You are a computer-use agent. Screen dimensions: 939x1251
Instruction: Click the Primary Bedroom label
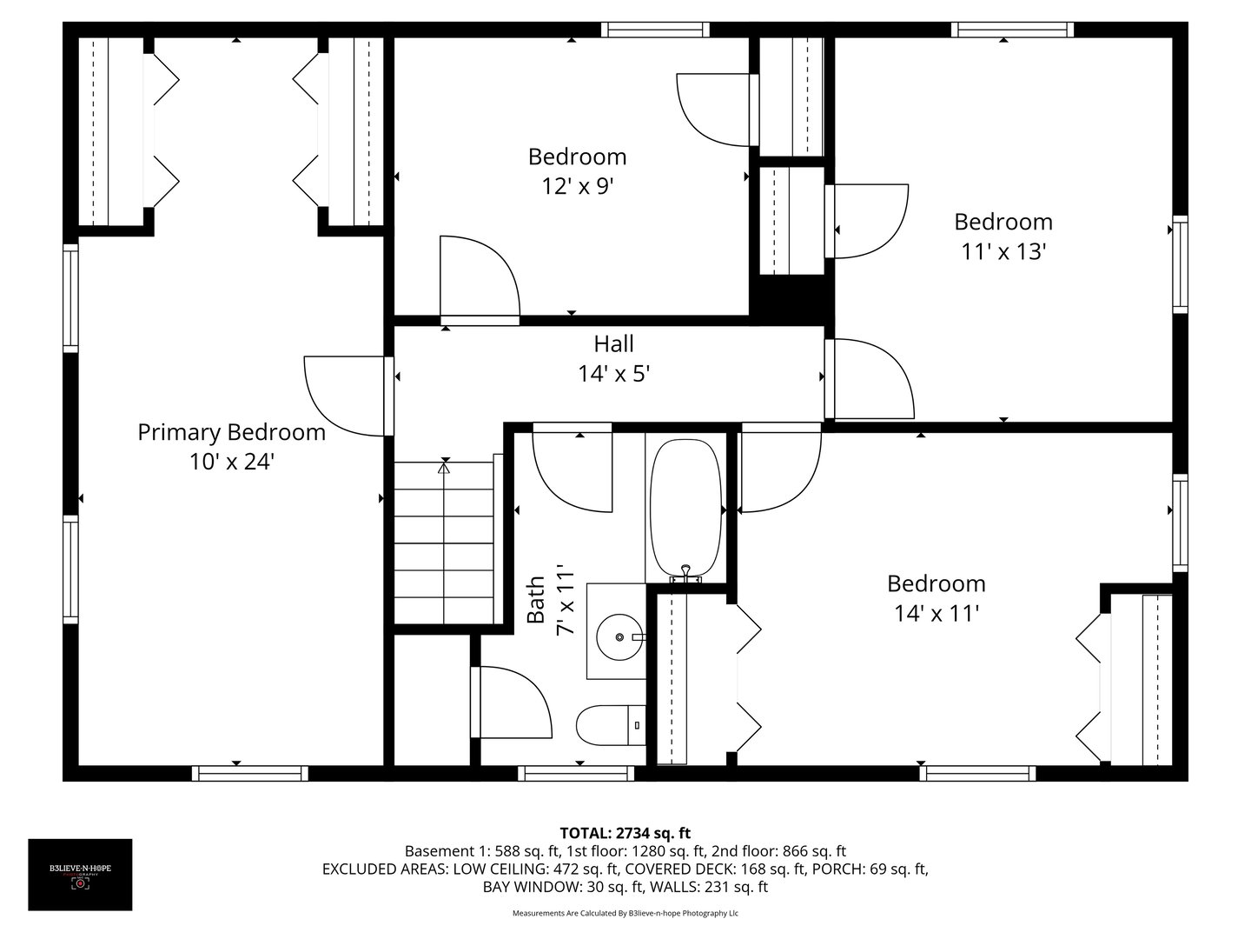(x=231, y=432)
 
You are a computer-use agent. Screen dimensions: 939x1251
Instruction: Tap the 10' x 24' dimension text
(x=231, y=463)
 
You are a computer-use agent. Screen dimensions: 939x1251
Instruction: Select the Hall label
(x=613, y=343)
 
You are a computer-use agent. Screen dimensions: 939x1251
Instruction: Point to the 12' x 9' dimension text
(x=577, y=187)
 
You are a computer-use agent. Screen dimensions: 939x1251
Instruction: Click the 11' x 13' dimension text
(x=1003, y=252)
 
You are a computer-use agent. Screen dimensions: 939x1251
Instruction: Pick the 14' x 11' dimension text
(x=937, y=614)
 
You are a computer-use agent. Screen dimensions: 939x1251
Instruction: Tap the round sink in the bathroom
(x=619, y=637)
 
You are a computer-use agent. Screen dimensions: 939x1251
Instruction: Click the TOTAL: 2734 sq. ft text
(x=625, y=833)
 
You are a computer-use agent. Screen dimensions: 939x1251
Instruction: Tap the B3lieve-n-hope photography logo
(x=80, y=875)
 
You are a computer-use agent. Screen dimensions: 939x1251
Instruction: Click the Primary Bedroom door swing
(x=343, y=396)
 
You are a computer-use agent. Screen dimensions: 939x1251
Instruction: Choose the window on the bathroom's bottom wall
(x=576, y=773)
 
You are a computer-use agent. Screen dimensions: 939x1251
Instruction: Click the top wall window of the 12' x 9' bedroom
(x=656, y=30)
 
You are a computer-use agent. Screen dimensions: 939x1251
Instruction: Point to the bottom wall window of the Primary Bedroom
(x=249, y=773)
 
